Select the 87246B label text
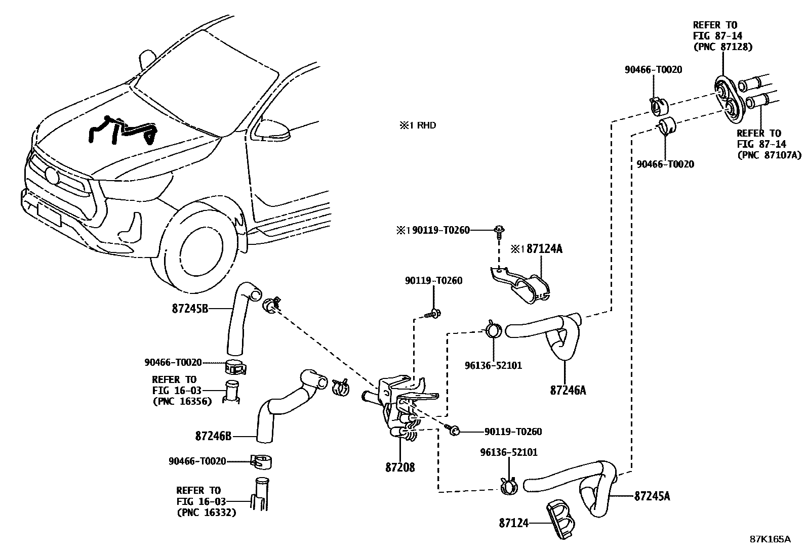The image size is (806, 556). (x=213, y=436)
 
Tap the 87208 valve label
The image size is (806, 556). (x=399, y=467)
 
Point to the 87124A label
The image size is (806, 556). (x=545, y=248)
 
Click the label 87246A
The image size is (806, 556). (x=568, y=390)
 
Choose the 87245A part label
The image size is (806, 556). (x=652, y=496)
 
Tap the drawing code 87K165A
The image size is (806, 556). (x=770, y=539)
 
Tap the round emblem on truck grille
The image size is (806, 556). (x=52, y=175)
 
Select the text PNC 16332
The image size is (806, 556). (x=206, y=512)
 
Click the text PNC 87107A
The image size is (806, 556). (x=769, y=155)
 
